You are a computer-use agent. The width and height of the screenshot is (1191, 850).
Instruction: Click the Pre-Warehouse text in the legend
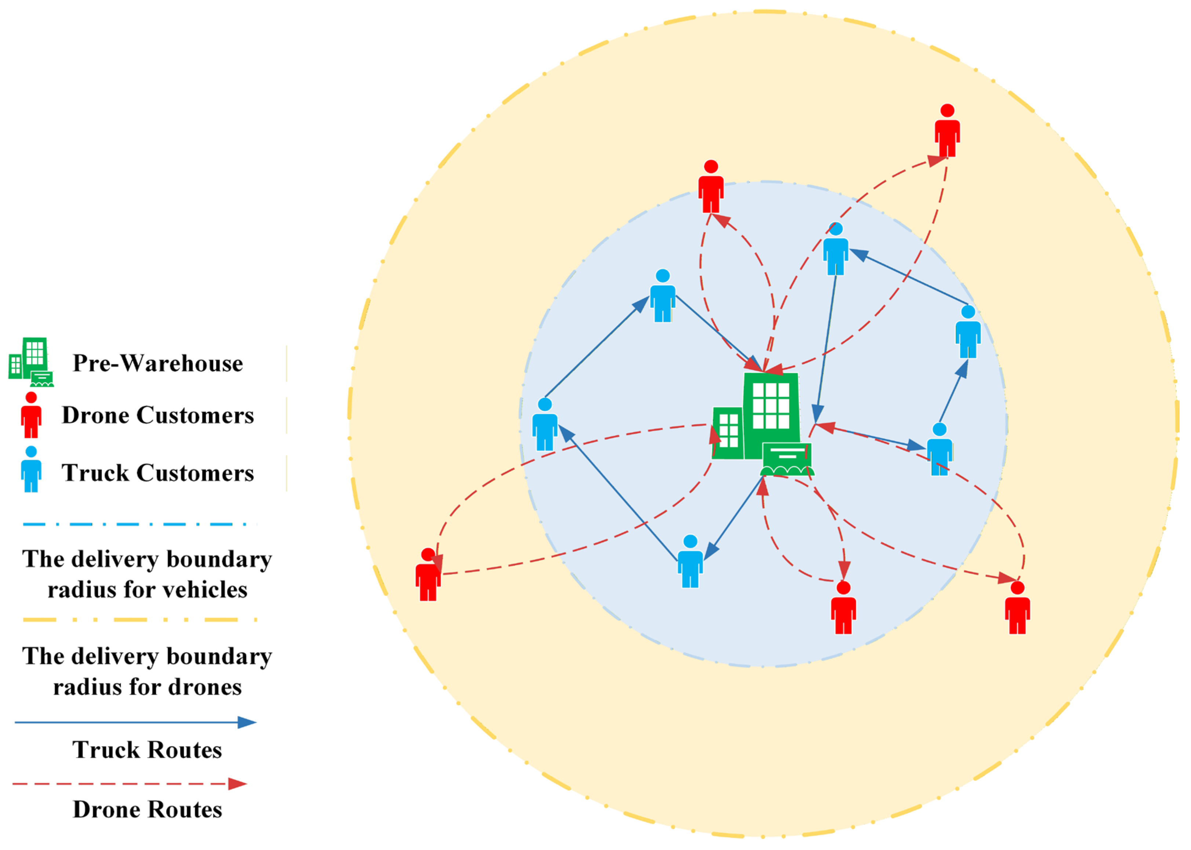pyautogui.click(x=157, y=363)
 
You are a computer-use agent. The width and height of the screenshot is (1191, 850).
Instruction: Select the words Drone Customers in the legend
pyautogui.click(x=157, y=415)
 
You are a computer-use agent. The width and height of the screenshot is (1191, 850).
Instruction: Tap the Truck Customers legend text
pyautogui.click(x=157, y=473)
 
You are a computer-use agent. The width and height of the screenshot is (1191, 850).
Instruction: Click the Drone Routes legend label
pyautogui.click(x=147, y=810)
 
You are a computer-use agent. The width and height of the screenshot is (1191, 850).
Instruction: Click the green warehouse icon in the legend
pyautogui.click(x=32, y=362)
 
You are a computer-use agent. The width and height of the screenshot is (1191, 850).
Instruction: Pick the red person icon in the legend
pyautogui.click(x=32, y=415)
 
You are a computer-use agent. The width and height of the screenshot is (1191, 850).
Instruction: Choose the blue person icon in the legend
pyautogui.click(x=32, y=469)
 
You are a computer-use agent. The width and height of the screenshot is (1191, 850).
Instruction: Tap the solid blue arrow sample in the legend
pyautogui.click(x=135, y=722)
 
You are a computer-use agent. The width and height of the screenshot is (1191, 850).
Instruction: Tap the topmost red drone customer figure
pyautogui.click(x=947, y=131)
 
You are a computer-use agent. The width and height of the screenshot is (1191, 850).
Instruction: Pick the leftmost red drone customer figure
pyautogui.click(x=428, y=575)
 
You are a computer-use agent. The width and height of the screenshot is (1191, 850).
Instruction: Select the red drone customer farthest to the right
pyautogui.click(x=1018, y=608)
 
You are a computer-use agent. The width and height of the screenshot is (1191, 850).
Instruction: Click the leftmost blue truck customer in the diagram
pyautogui.click(x=544, y=425)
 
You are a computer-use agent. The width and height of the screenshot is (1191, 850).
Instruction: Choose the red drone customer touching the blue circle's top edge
pyautogui.click(x=711, y=187)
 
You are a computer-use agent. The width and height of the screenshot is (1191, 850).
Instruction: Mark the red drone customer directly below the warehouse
pyautogui.click(x=843, y=608)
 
